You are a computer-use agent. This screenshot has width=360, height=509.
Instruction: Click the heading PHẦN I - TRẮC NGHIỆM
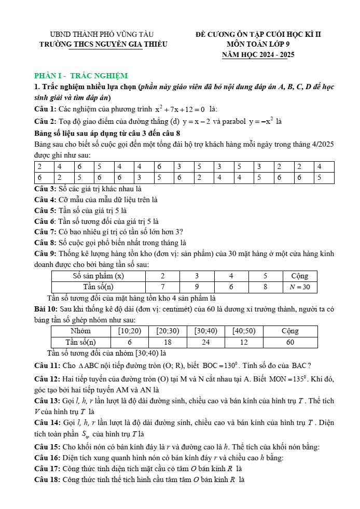80,76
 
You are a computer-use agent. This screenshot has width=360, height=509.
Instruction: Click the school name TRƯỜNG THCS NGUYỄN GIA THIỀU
103,45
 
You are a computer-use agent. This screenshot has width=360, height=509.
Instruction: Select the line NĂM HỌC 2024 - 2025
254,54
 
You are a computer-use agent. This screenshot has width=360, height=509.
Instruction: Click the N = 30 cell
299,287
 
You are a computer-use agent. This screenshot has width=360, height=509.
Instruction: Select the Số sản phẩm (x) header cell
99,276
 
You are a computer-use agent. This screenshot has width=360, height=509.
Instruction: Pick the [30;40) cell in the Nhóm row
205,331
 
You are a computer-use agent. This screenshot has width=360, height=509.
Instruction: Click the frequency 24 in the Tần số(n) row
205,342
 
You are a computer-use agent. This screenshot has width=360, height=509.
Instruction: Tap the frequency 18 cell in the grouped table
168,342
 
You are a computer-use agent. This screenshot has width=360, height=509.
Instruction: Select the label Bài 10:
45,309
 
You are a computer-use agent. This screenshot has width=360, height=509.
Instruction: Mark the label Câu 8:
45,243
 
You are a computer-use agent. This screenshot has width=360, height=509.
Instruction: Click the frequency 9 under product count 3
196,287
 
